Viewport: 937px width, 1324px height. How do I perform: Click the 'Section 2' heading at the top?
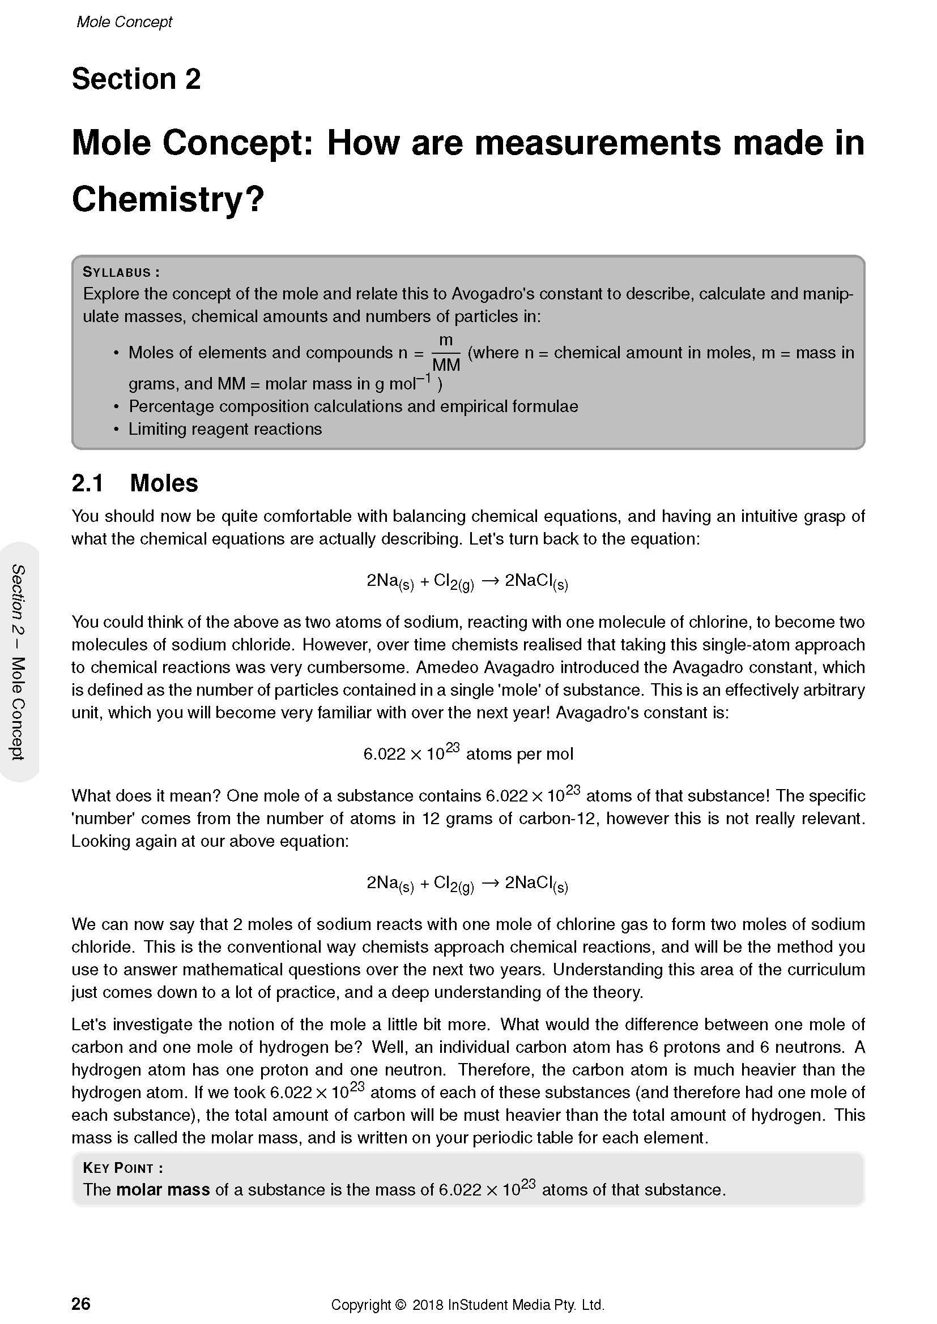point(135,79)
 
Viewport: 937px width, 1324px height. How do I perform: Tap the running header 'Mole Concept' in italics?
point(124,22)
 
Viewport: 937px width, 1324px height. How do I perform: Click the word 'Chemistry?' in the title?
point(167,199)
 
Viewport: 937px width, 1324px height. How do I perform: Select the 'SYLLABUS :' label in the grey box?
point(121,272)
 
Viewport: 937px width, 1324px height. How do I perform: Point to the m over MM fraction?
point(445,353)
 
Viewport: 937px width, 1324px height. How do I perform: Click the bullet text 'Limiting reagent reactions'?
point(225,429)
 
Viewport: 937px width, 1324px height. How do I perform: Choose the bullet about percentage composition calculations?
point(353,406)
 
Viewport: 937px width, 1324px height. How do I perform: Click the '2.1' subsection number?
point(87,483)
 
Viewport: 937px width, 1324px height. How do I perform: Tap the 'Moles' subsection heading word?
point(164,483)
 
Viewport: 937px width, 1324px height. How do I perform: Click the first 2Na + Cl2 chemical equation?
point(467,581)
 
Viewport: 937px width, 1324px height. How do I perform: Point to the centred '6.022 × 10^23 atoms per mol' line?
point(468,753)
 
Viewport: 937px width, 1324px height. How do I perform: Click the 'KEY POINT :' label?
point(123,1168)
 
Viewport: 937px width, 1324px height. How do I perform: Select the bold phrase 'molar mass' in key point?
point(163,1190)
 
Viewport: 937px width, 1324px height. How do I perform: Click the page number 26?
point(81,1303)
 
